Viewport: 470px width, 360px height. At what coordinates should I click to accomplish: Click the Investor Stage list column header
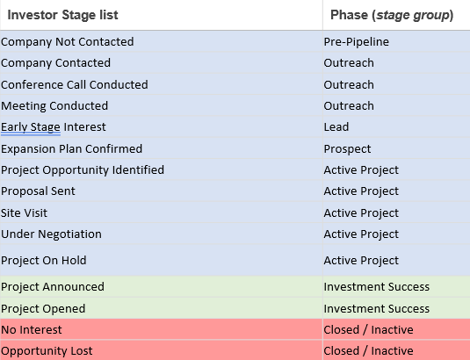tap(62, 15)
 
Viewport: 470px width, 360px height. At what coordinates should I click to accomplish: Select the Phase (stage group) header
tap(392, 15)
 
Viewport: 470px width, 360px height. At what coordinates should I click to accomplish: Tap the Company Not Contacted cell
tap(68, 42)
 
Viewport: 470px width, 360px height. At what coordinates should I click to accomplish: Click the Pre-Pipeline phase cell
tap(357, 42)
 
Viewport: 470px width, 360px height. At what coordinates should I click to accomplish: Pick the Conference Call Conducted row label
tap(75, 85)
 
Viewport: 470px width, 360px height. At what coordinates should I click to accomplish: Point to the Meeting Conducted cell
tap(54, 106)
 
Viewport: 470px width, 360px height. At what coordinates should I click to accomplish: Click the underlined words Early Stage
tap(31, 127)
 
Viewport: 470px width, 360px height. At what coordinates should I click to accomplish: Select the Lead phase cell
tap(336, 127)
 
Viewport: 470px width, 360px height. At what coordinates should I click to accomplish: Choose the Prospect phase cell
tap(347, 149)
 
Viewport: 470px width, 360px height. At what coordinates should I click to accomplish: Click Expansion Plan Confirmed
tap(72, 149)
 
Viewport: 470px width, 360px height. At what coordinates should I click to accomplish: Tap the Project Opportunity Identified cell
tap(83, 170)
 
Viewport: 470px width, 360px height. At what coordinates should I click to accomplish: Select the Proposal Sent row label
tap(38, 191)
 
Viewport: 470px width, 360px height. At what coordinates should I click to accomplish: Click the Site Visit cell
tap(24, 213)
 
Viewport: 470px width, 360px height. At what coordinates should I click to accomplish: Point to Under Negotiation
tap(51, 234)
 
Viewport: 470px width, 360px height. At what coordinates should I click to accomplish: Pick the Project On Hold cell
tap(44, 260)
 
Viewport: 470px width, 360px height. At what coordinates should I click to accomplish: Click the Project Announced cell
tap(53, 286)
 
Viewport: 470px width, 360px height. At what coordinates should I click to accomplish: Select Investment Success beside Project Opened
tap(377, 308)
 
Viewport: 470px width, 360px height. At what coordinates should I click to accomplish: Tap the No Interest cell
tap(32, 330)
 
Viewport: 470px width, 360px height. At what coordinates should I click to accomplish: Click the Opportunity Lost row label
tap(47, 351)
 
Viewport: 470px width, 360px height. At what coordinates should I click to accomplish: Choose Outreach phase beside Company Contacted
tap(349, 63)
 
